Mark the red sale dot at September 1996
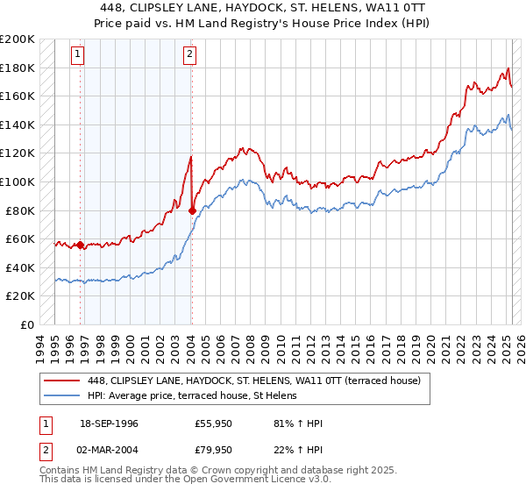coord(81,245)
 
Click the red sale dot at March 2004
coord(192,210)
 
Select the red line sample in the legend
coord(62,381)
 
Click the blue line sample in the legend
coord(62,395)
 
